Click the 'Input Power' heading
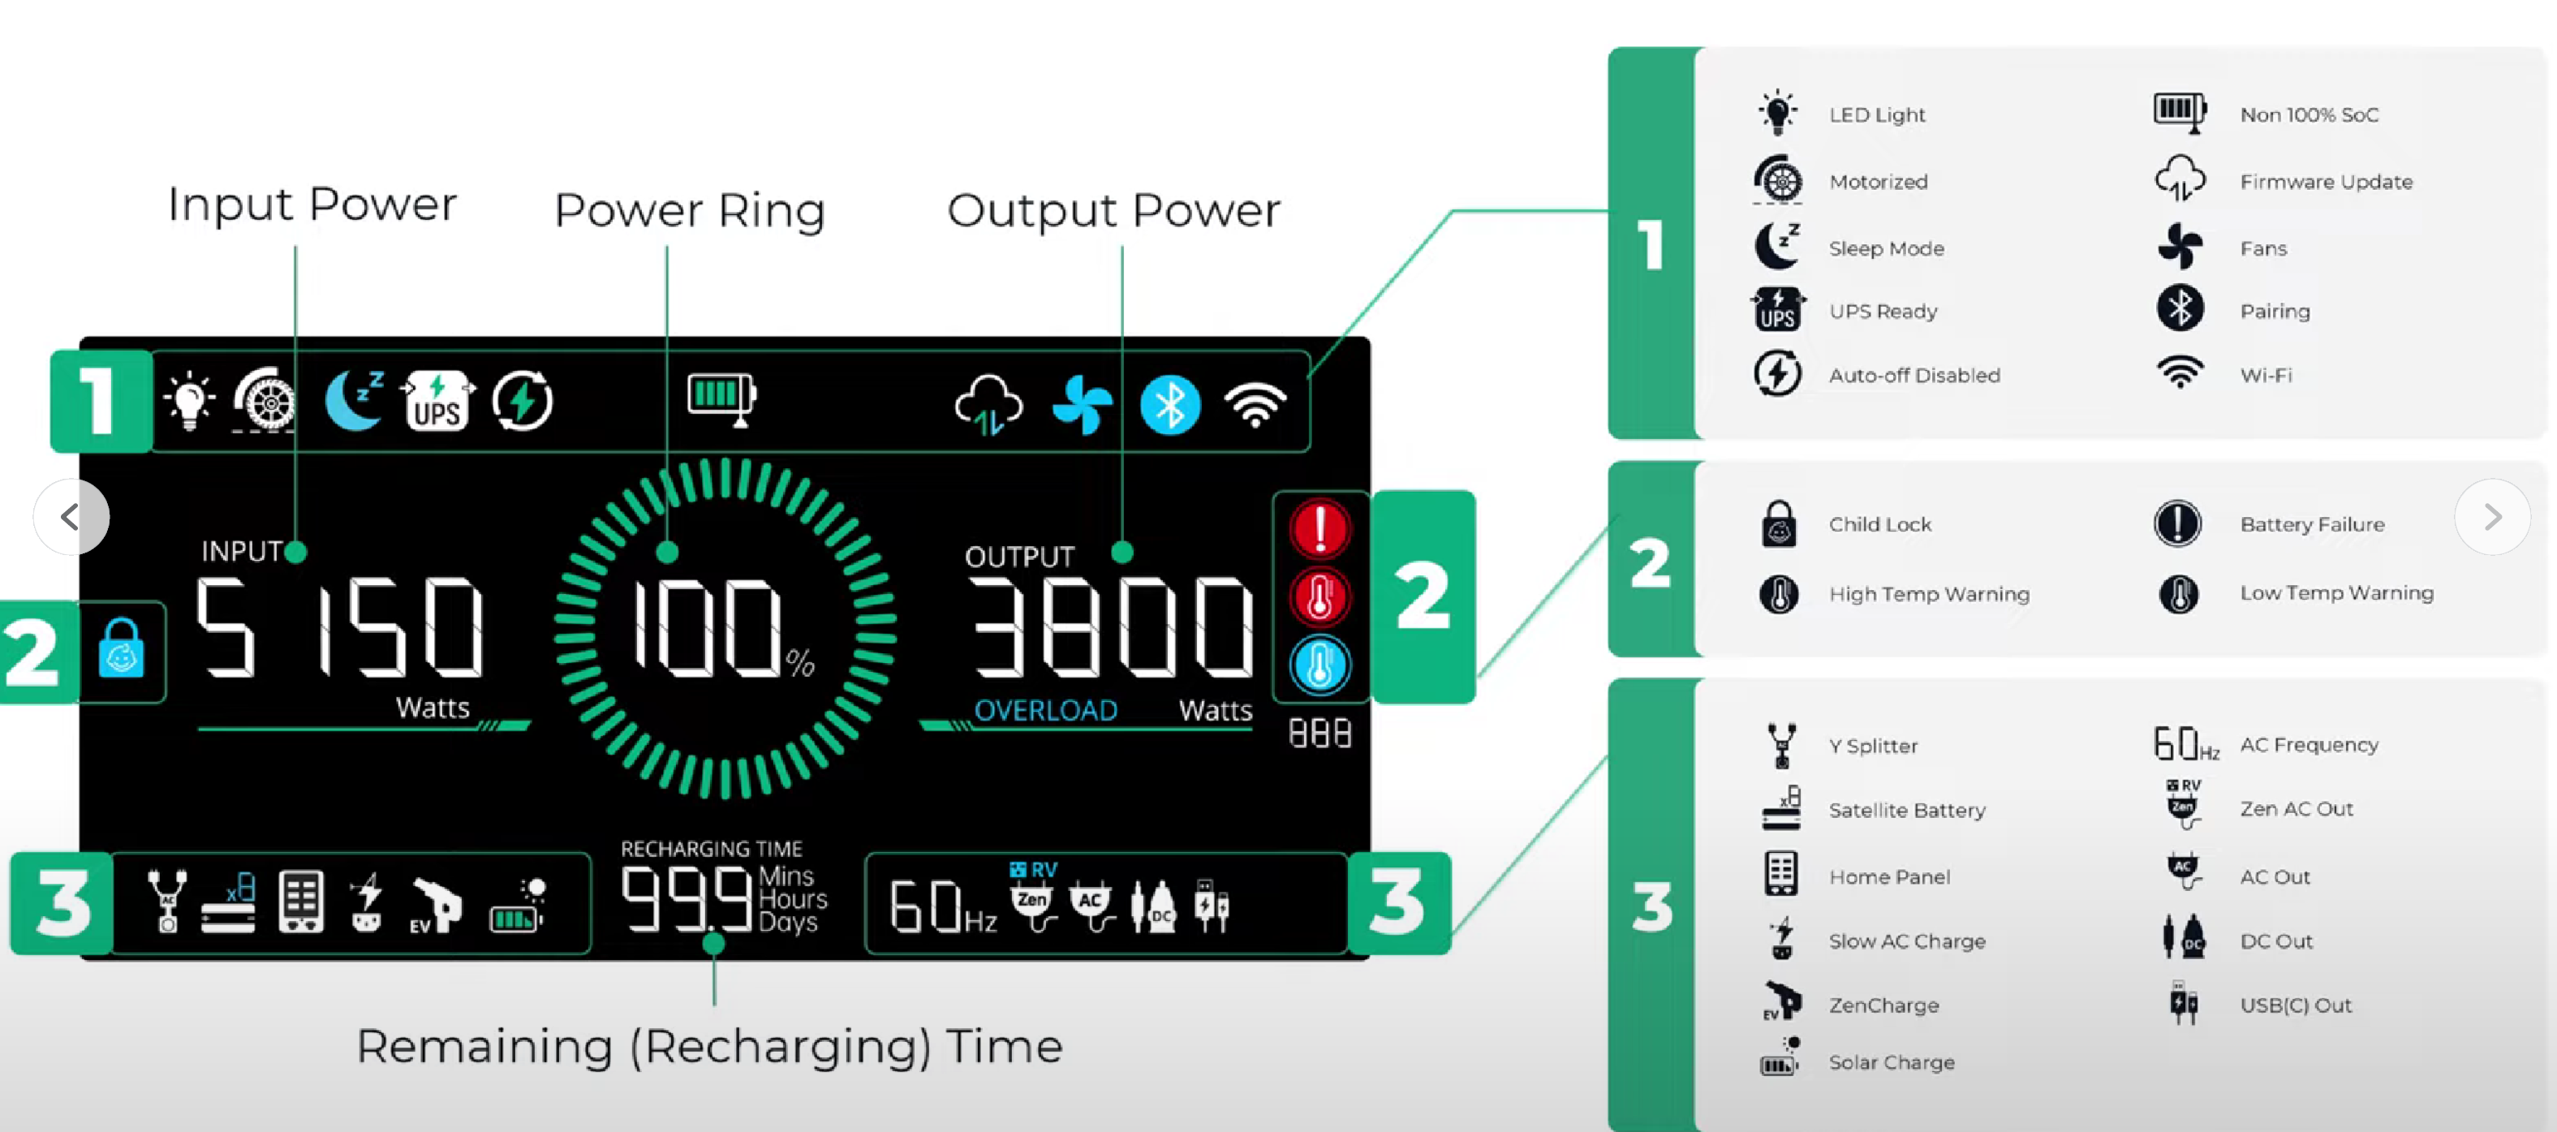pyautogui.click(x=312, y=204)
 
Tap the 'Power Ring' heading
pyautogui.click(x=690, y=210)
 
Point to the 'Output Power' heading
pyautogui.click(x=1113, y=210)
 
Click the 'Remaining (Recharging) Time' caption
pyautogui.click(x=710, y=1047)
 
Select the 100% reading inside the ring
pyautogui.click(x=722, y=629)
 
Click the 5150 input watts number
pyautogui.click(x=339, y=627)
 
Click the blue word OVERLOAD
pyautogui.click(x=1045, y=710)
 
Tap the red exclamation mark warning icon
pyautogui.click(x=1319, y=529)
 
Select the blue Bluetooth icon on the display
pyautogui.click(x=1170, y=405)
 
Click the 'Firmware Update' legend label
pyautogui.click(x=2326, y=182)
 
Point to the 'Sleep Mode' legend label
pyautogui.click(x=1886, y=248)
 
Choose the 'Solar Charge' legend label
pyautogui.click(x=1892, y=1062)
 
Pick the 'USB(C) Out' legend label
pyautogui.click(x=2295, y=1005)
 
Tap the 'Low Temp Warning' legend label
pyautogui.click(x=2336, y=593)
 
